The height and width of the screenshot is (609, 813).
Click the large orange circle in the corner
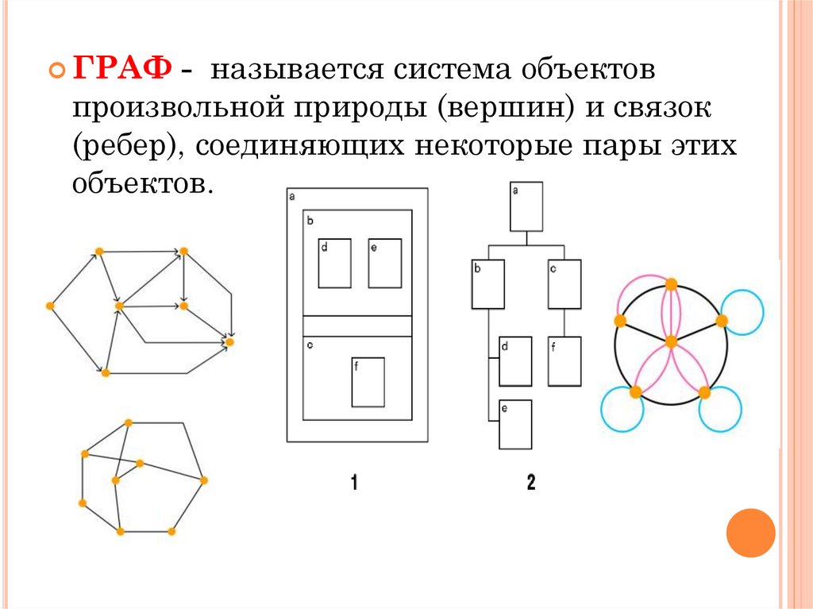750,532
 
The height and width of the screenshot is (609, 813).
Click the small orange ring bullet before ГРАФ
57,71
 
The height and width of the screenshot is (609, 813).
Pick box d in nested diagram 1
334,264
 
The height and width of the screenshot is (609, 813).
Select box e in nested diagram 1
384,264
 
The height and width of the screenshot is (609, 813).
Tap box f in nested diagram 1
368,382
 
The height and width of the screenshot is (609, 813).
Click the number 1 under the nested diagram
354,482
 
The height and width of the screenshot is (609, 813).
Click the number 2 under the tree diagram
530,482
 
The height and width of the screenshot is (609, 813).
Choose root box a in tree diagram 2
526,206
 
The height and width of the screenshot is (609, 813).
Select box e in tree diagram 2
514,425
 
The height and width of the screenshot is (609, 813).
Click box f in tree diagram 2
564,360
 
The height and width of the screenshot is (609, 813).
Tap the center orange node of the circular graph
671,341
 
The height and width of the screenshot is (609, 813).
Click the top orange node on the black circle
671,283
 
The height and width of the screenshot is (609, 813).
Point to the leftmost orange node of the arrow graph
51,305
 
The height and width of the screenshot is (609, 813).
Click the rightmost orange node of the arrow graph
229,341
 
